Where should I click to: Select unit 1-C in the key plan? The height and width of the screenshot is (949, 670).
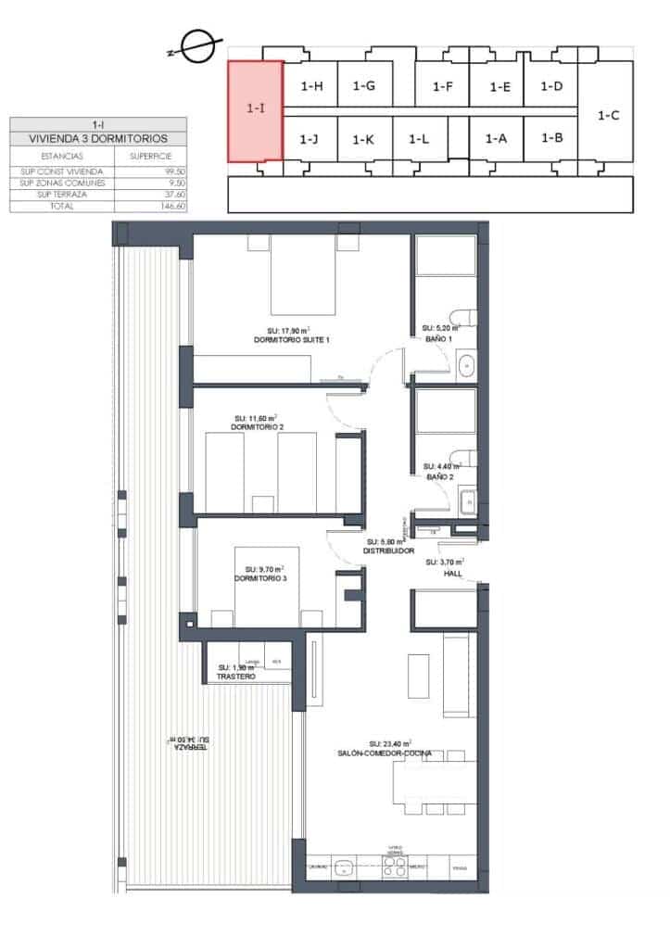pos(608,116)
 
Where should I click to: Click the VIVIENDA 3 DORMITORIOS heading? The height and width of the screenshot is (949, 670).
pos(97,138)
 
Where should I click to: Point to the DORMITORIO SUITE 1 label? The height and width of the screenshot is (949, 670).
pos(291,340)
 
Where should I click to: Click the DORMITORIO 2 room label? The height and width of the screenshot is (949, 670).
pos(257,427)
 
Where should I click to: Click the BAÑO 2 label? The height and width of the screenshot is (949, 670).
pos(439,476)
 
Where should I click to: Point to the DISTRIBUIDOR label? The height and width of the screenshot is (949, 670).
pos(387,550)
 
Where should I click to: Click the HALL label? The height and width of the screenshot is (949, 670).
pos(452,574)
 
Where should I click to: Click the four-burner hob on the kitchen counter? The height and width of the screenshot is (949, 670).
pos(395,867)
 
